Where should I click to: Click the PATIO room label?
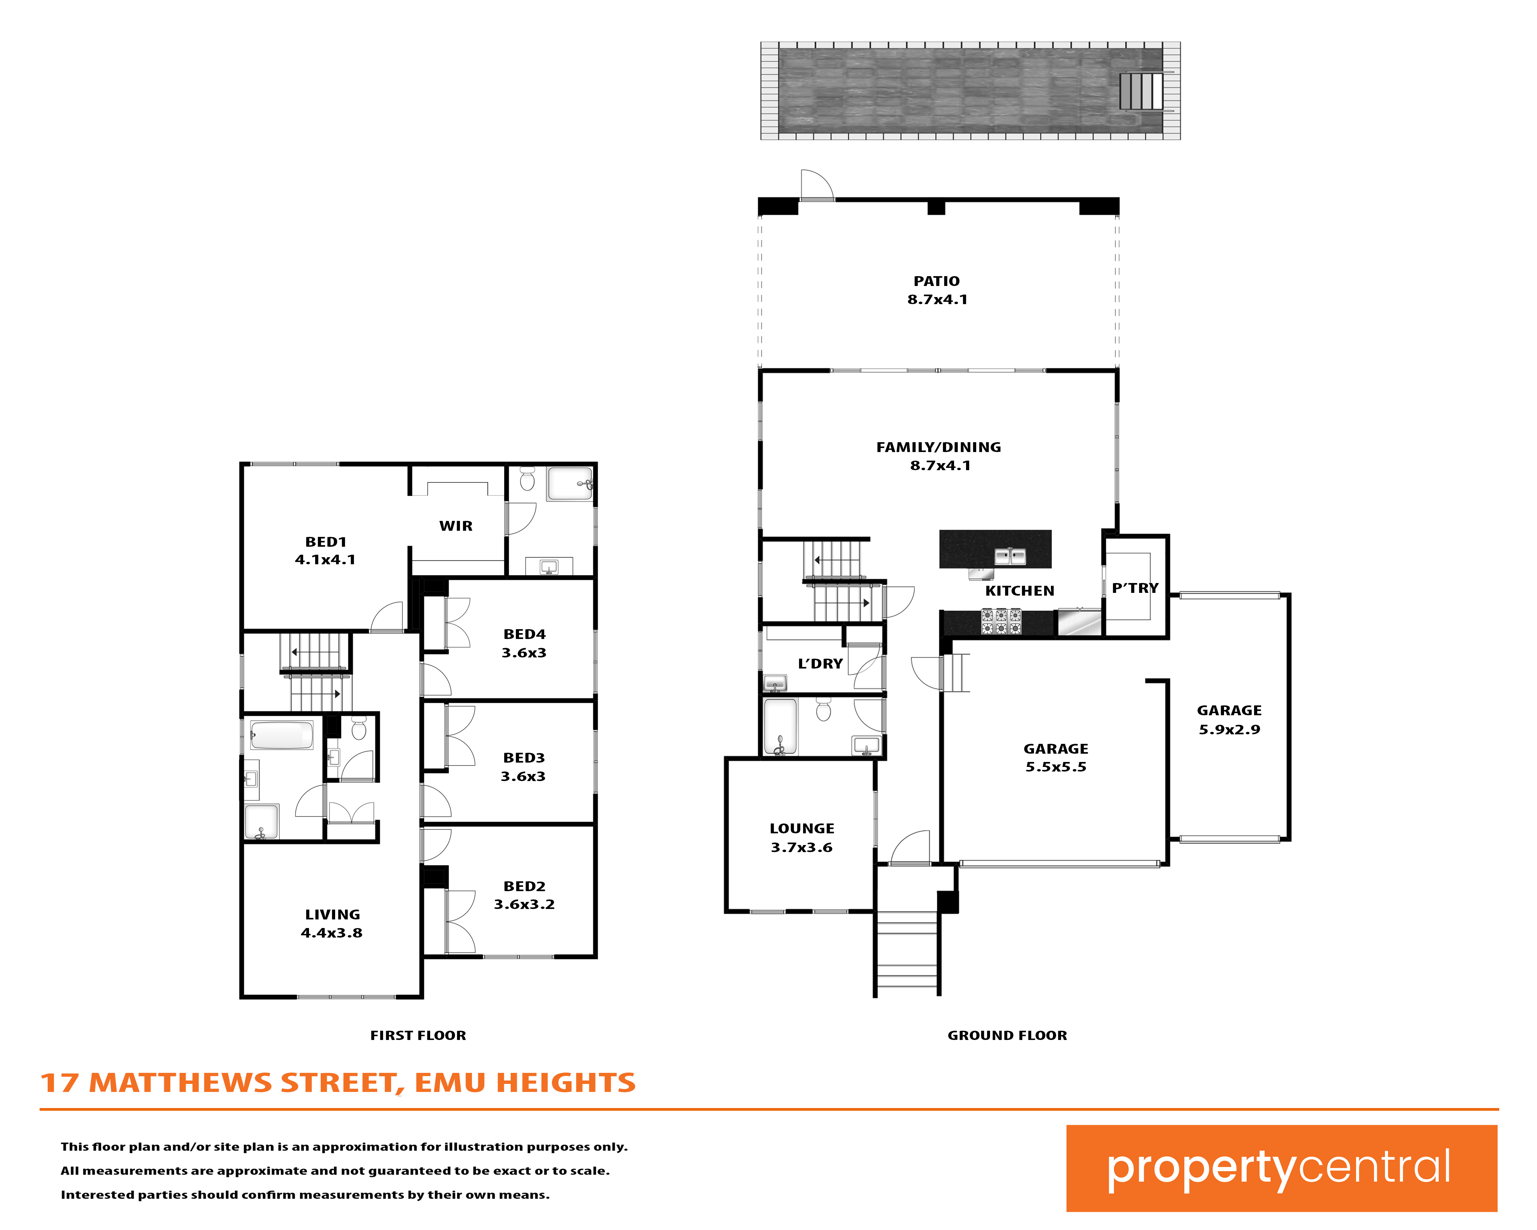point(937,281)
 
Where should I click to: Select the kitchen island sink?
point(1010,556)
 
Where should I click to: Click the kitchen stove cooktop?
point(1001,621)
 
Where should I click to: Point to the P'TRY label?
point(1135,588)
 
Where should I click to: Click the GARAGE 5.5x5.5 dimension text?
point(1056,767)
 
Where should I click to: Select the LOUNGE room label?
point(802,828)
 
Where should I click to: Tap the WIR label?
point(456,526)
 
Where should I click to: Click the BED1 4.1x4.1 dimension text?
point(325,560)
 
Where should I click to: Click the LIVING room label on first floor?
point(332,915)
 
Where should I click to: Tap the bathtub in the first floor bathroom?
point(282,735)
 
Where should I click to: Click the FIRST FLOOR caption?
point(418,1035)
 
